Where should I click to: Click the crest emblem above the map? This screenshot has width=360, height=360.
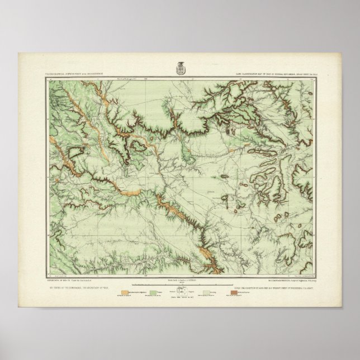pos(179,65)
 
